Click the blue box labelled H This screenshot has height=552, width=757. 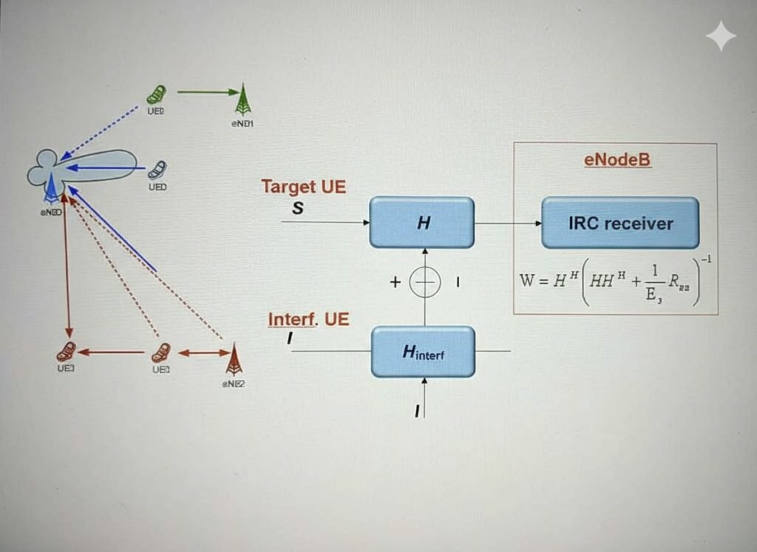point(421,222)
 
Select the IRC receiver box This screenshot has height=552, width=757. point(619,222)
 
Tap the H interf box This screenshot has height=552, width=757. point(423,352)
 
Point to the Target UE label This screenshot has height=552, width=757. point(303,187)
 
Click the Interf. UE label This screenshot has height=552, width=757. point(308,320)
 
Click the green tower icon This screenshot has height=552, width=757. point(243,100)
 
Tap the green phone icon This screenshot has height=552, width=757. point(157,95)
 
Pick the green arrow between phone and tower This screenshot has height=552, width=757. point(208,92)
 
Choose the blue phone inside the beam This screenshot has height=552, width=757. point(157,169)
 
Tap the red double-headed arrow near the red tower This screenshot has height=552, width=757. point(200,353)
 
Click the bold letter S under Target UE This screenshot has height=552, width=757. point(298,208)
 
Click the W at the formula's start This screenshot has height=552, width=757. point(529,282)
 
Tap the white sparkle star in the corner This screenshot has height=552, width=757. point(720,35)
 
